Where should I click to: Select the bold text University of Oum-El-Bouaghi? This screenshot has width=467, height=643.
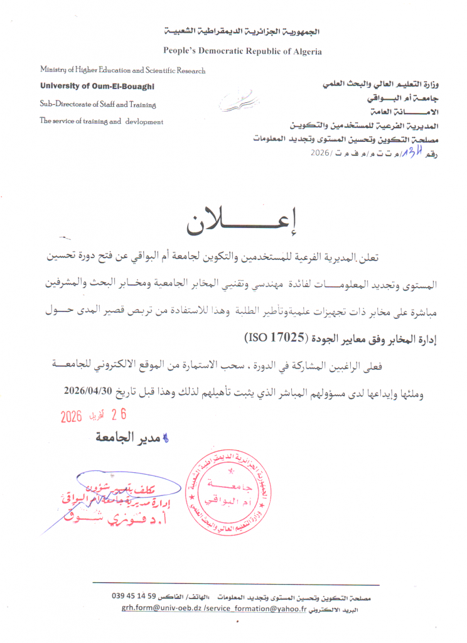(97, 86)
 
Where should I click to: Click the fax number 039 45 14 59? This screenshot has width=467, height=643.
(137, 597)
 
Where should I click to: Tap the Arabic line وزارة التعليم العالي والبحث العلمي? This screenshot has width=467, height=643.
(385, 84)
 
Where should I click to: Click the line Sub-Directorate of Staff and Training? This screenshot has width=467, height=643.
(98, 104)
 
